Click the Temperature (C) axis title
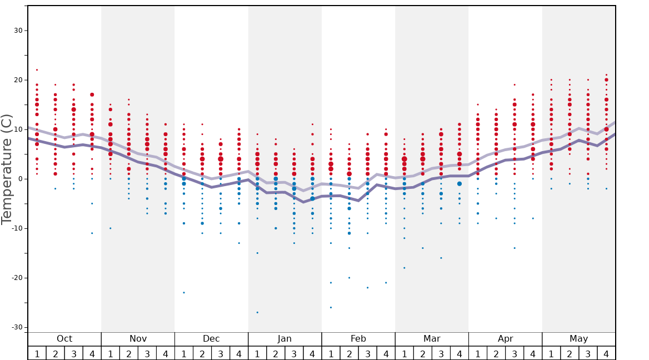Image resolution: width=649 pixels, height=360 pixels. [7, 169]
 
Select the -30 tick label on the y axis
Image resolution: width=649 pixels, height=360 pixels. [17, 327]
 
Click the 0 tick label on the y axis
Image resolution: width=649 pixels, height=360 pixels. [21, 179]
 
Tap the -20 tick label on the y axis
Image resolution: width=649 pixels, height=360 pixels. [17, 278]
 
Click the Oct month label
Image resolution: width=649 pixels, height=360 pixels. [64, 339]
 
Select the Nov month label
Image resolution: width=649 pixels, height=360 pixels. [138, 339]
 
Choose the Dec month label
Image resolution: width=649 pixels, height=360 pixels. [211, 339]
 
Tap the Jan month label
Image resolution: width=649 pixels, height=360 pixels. [284, 339]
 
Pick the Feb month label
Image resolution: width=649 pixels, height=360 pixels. [358, 339]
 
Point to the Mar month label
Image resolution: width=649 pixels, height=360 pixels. [432, 339]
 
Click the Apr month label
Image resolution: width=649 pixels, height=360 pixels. [505, 339]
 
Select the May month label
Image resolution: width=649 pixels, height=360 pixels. [578, 339]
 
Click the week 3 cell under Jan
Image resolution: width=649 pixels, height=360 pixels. [294, 353]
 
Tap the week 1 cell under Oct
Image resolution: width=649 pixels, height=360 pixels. [37, 353]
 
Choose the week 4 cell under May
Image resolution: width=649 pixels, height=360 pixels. [606, 353]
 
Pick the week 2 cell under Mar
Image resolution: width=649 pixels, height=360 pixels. [422, 353]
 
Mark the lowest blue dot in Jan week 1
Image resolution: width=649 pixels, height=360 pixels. [257, 312]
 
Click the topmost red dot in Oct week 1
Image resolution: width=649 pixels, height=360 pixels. [37, 70]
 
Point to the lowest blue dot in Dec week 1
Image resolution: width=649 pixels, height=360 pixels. [184, 292]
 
